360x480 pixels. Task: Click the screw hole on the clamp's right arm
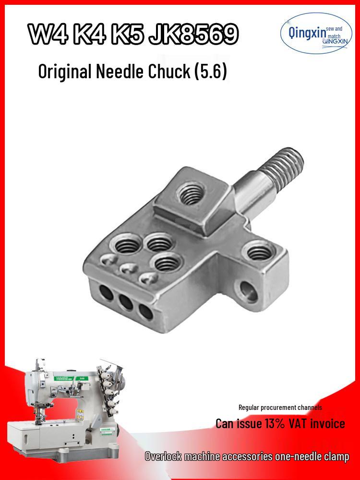point(259,251)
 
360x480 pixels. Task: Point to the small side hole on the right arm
point(248,289)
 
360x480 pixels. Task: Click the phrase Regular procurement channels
point(280,407)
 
